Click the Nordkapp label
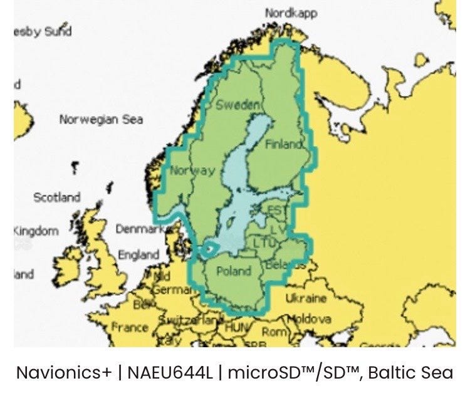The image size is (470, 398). tap(291, 13)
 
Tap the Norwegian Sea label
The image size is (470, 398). tap(101, 119)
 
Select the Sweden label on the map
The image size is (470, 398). tap(237, 105)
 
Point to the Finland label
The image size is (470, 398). tap(284, 145)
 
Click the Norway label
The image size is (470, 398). tap(192, 170)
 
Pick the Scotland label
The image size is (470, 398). tap(56, 197)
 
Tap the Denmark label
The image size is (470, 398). tap(139, 229)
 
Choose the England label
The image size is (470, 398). tap(138, 255)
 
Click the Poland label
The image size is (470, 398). tap(232, 271)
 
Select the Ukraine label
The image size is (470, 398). tap(306, 298)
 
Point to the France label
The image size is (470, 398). tap(130, 327)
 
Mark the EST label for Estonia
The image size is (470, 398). tap(275, 210)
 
